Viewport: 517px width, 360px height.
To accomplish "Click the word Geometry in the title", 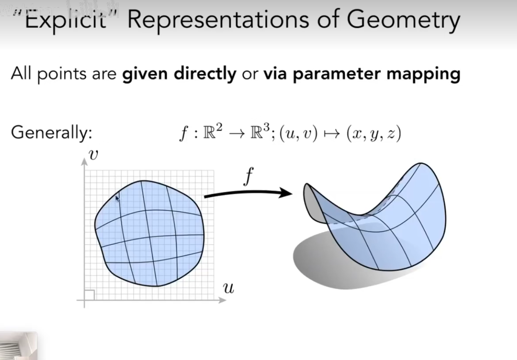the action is pyautogui.click(x=403, y=21).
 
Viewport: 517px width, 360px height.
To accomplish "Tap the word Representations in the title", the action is pyautogui.click(x=218, y=21).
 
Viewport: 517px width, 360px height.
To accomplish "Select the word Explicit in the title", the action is pyautogui.click(x=65, y=21).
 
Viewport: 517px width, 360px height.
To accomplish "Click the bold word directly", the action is pyautogui.click(x=205, y=74).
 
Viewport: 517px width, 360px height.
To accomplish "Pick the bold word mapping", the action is pyautogui.click(x=424, y=74).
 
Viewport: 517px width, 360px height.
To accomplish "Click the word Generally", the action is pyautogui.click(x=51, y=133).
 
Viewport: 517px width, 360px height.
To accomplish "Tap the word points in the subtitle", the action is pyautogui.click(x=62, y=74).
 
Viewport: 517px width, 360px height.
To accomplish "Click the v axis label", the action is pyautogui.click(x=93, y=155).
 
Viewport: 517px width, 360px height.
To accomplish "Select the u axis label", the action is pyautogui.click(x=228, y=288).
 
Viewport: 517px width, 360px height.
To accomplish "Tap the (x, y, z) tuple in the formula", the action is pyautogui.click(x=374, y=134).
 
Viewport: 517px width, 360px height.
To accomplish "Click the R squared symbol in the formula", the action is pyautogui.click(x=213, y=132).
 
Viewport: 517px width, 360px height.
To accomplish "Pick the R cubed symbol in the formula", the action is pyautogui.click(x=260, y=132).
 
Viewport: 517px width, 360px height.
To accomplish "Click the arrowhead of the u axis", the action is pyautogui.click(x=222, y=300).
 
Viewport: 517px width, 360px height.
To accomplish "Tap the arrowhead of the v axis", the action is pyautogui.click(x=85, y=162).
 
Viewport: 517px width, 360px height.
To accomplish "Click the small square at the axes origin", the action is pyautogui.click(x=90, y=295).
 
